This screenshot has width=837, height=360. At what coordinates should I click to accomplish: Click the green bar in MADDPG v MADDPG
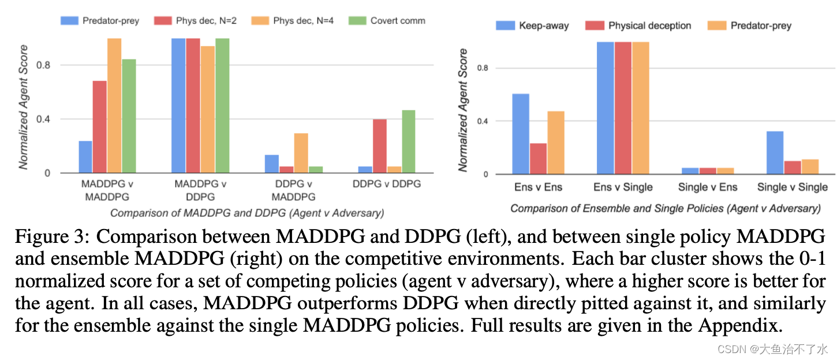128,116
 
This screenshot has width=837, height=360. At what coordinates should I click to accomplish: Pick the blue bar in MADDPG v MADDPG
85,157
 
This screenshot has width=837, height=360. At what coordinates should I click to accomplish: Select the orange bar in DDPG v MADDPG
301,153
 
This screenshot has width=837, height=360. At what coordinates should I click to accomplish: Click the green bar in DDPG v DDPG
409,141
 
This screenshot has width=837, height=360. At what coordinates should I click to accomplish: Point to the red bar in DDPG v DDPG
380,146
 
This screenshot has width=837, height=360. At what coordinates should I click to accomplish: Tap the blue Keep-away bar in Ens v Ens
521,134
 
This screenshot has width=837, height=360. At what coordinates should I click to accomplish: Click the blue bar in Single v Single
775,153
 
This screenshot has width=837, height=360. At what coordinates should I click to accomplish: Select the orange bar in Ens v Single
641,108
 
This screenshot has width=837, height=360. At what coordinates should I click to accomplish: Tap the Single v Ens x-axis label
708,187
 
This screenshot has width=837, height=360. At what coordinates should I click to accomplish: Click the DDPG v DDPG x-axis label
387,184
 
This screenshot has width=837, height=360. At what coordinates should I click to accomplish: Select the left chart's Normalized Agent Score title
24,117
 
